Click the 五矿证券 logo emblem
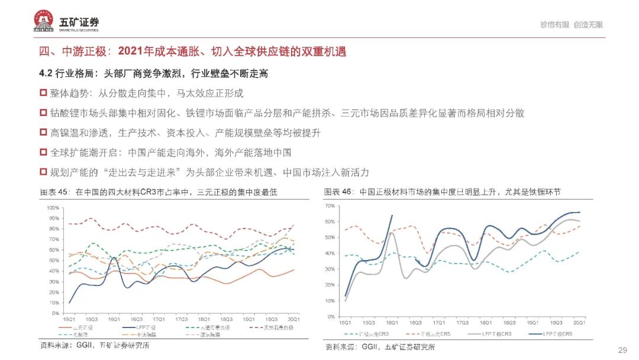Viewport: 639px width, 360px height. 44,22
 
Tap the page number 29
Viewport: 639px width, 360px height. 622,349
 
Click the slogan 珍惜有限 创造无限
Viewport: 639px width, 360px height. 571,25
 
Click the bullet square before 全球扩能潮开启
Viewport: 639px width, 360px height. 43,152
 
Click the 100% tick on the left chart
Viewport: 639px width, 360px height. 52,208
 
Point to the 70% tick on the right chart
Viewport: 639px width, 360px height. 331,205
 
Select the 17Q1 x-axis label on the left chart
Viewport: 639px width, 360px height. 159,319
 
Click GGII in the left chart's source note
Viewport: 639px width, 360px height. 72,346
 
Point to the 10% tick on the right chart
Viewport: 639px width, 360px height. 331,301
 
